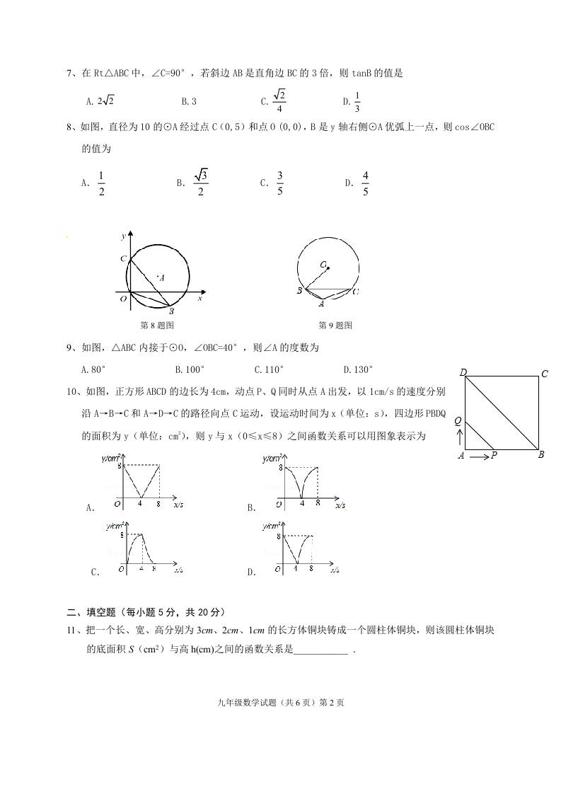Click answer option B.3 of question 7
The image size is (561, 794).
point(189,101)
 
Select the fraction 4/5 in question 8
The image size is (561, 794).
point(365,183)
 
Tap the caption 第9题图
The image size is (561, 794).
point(335,326)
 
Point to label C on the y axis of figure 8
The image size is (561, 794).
point(122,260)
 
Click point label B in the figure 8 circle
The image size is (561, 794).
point(171,311)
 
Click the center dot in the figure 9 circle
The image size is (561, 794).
point(328,267)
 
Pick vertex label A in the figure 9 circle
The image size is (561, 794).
point(321,304)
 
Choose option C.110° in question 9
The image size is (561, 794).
point(269,369)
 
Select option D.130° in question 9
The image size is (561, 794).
point(358,369)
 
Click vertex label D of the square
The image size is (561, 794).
point(463,373)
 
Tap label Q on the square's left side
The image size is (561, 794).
point(458,421)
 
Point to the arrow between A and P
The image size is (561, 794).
point(479,456)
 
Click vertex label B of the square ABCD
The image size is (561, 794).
point(541,455)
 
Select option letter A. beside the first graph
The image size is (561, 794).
point(90,507)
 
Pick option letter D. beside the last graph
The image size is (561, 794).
point(251,573)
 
